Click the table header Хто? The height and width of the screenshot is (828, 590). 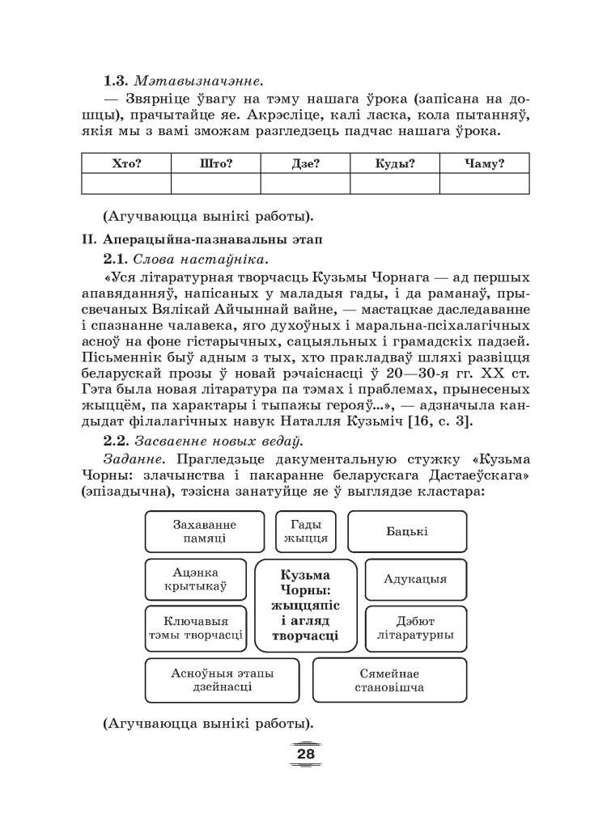click(126, 163)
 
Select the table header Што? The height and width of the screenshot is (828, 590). click(216, 163)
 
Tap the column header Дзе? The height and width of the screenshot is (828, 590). click(305, 163)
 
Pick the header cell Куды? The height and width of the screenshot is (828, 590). click(395, 163)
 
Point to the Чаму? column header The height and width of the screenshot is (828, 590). click(485, 163)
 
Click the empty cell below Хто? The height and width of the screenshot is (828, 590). click(126, 184)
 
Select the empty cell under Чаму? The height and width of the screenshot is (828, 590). click(485, 184)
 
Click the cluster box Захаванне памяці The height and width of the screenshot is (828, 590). click(205, 531)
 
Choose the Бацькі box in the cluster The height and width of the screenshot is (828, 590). click(407, 531)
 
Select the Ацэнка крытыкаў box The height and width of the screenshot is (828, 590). click(197, 579)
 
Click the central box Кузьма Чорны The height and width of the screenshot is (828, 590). click(305, 606)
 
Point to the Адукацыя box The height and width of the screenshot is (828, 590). click(415, 579)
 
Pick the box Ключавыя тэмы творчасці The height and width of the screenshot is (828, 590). click(197, 628)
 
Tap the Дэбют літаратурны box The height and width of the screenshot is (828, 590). click(415, 628)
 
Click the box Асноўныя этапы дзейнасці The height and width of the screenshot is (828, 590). click(222, 680)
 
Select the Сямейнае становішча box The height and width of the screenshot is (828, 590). click(389, 680)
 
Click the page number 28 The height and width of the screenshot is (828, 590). click(305, 754)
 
